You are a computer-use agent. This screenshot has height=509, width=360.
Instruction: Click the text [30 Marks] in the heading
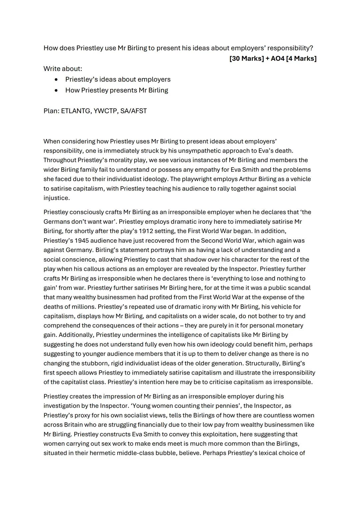[246, 58]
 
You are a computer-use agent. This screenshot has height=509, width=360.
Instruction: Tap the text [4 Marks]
[301, 58]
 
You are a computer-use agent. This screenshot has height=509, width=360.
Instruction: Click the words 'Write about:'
[63, 69]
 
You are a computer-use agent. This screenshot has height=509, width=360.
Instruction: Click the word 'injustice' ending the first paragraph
[56, 198]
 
